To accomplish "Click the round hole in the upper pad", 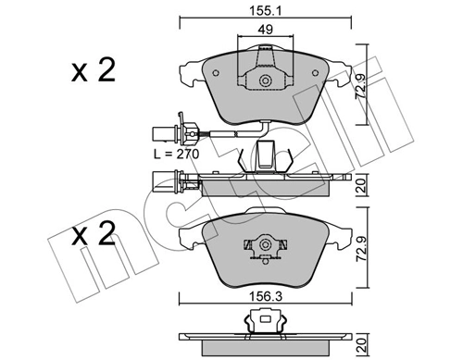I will pyautogui.click(x=266, y=81).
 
